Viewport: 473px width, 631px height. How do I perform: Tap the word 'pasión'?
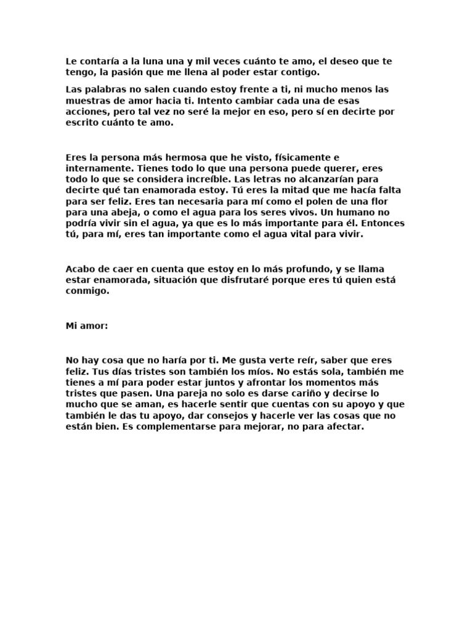coord(132,73)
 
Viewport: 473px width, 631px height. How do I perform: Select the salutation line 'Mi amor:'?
coord(87,326)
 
